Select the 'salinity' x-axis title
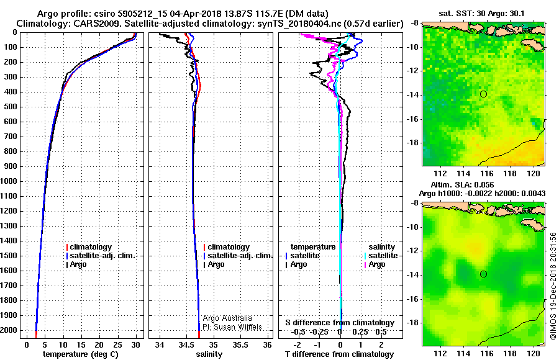coord(208,354)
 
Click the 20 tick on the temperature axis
coord(99,344)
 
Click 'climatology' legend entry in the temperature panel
coord(90,246)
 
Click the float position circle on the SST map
coord(483,94)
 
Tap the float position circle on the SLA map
coord(483,274)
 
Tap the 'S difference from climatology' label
coord(340,322)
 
